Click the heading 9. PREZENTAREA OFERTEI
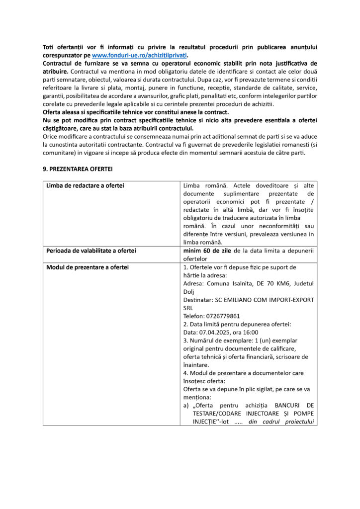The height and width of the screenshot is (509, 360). coord(78,169)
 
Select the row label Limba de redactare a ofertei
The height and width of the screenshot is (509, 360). coord(85,185)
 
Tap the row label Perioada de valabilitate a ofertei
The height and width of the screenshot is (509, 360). coord(91,251)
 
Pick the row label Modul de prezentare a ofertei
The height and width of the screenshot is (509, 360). coord(88,267)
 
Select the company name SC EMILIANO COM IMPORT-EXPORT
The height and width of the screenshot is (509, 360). coord(264,300)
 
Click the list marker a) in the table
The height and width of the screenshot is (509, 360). coord(186,406)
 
